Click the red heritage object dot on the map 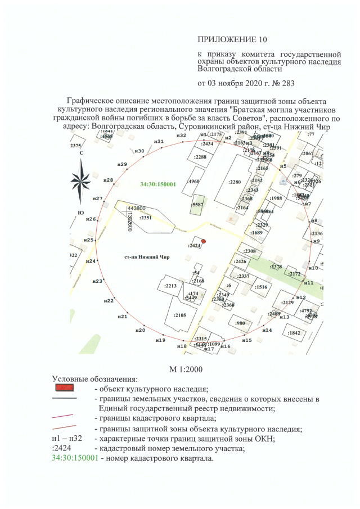[204, 241]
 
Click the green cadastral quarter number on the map [159, 184]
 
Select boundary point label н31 [159, 141]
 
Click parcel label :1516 [260, 287]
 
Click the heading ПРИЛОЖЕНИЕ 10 [230, 39]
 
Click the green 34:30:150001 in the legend [75, 458]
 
